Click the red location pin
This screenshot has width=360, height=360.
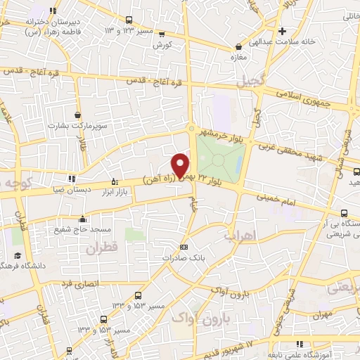(x=181, y=164)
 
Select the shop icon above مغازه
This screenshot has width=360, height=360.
(x=238, y=48)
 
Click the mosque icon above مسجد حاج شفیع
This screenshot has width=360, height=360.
(x=82, y=219)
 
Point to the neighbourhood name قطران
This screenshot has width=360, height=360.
(x=103, y=247)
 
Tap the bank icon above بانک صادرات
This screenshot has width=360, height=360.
(x=184, y=247)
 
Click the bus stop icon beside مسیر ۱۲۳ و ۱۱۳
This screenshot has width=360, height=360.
(x=129, y=20)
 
